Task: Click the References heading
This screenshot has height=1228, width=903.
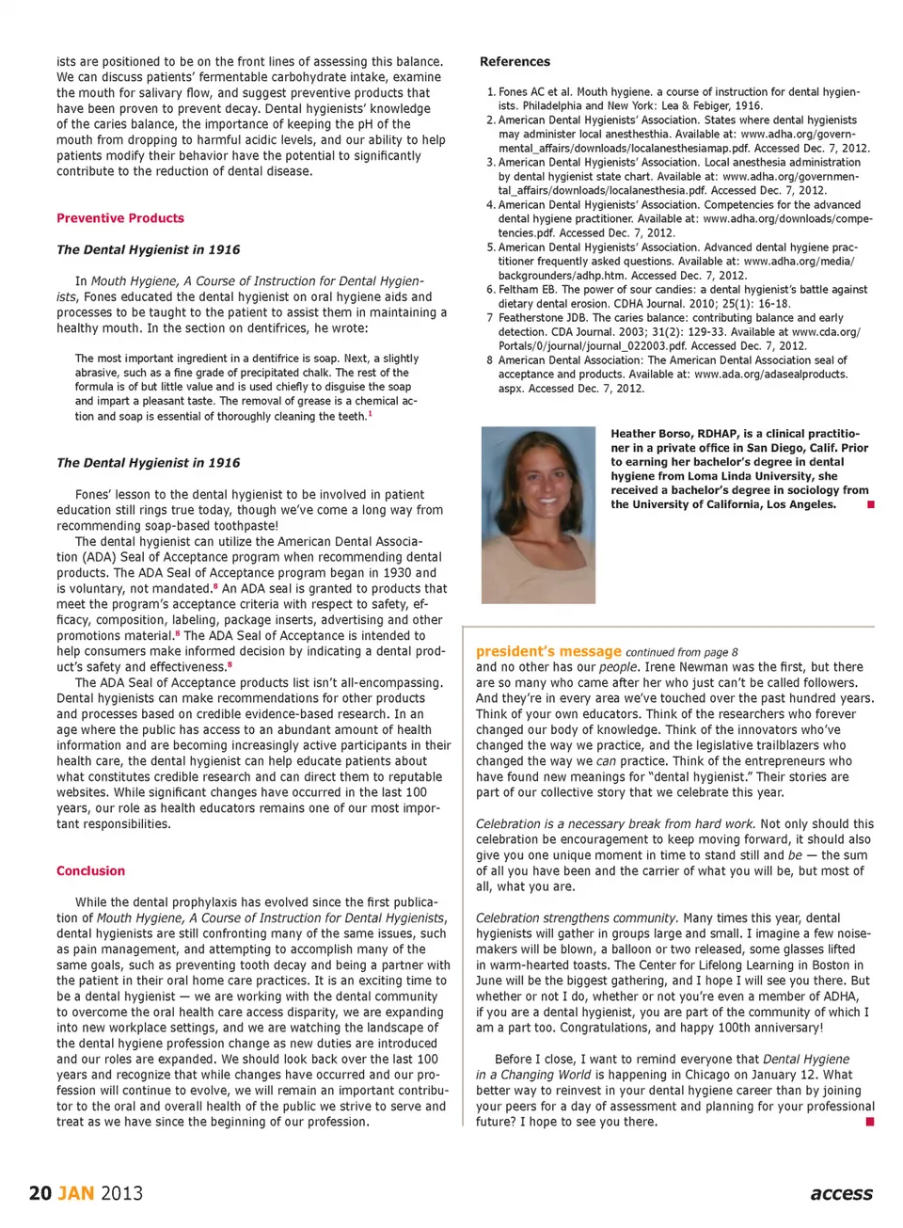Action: click(x=515, y=62)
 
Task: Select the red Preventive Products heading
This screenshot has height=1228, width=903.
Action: click(x=120, y=218)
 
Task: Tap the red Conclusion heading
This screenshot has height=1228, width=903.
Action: click(x=90, y=871)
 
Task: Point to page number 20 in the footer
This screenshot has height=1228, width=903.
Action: click(x=40, y=1193)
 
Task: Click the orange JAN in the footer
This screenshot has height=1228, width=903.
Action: click(x=76, y=1193)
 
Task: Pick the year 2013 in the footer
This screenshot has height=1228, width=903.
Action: click(x=121, y=1193)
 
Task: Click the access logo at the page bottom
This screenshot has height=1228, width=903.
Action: click(x=841, y=1193)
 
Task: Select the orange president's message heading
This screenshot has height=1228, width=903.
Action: click(x=548, y=651)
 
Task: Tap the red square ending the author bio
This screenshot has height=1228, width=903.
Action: click(x=871, y=505)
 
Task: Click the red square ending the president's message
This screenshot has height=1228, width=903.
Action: click(x=870, y=1122)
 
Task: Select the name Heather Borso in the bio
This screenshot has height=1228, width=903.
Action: click(x=648, y=434)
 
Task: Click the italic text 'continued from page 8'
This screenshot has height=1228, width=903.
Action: click(x=681, y=652)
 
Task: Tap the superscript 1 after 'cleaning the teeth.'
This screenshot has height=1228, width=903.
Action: click(x=370, y=414)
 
